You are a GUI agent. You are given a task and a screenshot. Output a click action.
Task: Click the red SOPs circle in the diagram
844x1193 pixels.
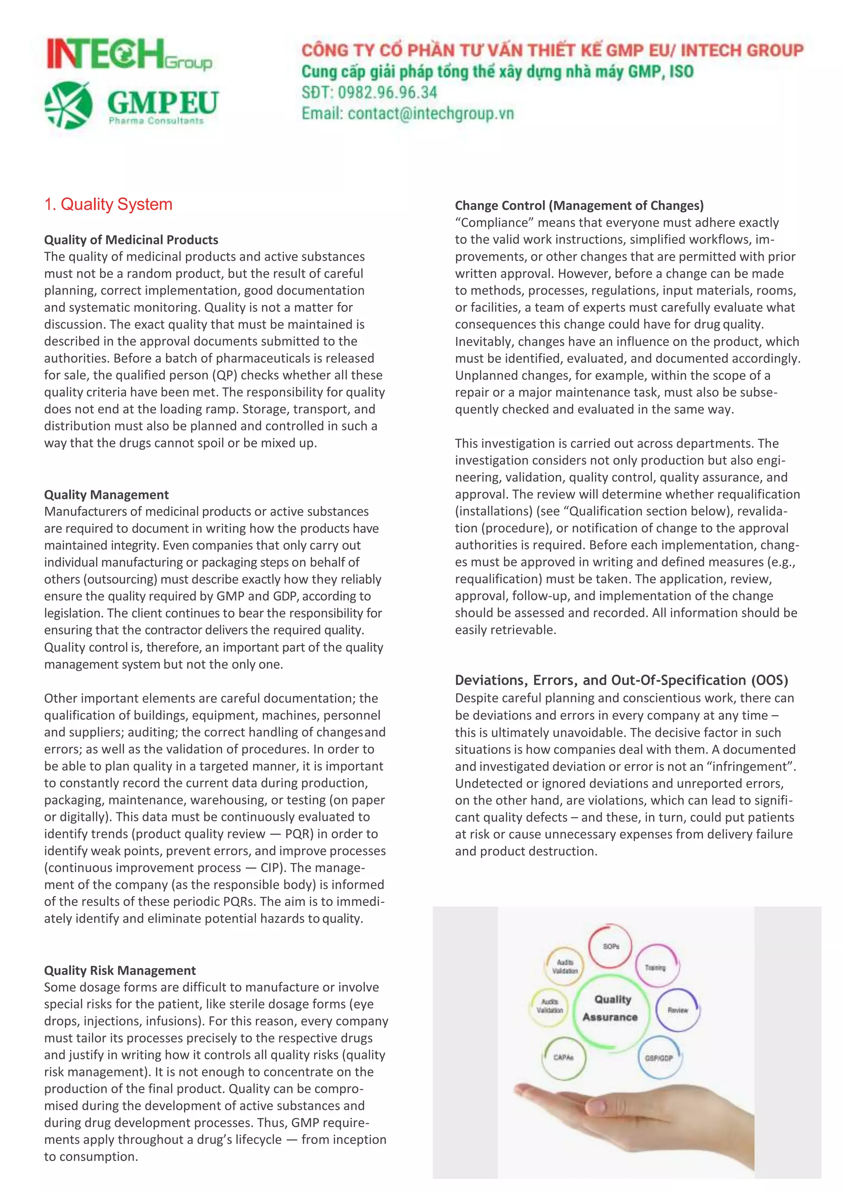(x=610, y=946)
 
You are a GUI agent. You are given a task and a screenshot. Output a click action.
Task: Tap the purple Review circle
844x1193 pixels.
(x=678, y=1010)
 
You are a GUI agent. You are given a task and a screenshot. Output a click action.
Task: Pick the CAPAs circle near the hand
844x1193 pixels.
(x=564, y=1057)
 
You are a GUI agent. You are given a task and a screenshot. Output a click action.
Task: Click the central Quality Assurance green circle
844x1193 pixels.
(x=611, y=1008)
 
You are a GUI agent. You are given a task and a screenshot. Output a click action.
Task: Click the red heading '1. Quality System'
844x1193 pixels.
(x=108, y=204)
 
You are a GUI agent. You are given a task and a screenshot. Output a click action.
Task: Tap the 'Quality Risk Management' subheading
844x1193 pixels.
(x=120, y=970)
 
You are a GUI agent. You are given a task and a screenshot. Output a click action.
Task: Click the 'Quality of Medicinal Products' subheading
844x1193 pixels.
(x=131, y=239)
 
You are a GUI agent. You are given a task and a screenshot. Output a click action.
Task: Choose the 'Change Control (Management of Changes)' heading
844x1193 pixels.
(x=579, y=205)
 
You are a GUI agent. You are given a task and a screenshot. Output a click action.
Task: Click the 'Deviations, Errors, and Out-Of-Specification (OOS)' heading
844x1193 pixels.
(x=621, y=680)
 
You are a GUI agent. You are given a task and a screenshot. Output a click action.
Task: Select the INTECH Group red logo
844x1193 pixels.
(x=129, y=54)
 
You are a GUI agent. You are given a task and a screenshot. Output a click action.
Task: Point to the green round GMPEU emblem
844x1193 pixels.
(x=68, y=105)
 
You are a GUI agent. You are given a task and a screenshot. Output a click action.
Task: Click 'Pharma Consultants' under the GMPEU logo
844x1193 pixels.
(x=156, y=121)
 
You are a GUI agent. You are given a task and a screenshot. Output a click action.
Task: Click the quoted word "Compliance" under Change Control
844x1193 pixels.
(x=494, y=222)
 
